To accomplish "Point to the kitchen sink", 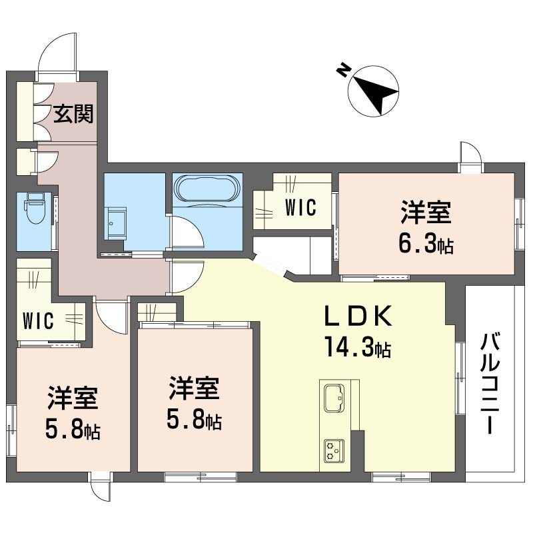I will click(334, 399).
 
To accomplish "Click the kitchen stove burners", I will click(334, 451).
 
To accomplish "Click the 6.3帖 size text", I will click(426, 245).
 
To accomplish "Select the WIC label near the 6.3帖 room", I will click(300, 207).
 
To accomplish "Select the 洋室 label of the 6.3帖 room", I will click(426, 215).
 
